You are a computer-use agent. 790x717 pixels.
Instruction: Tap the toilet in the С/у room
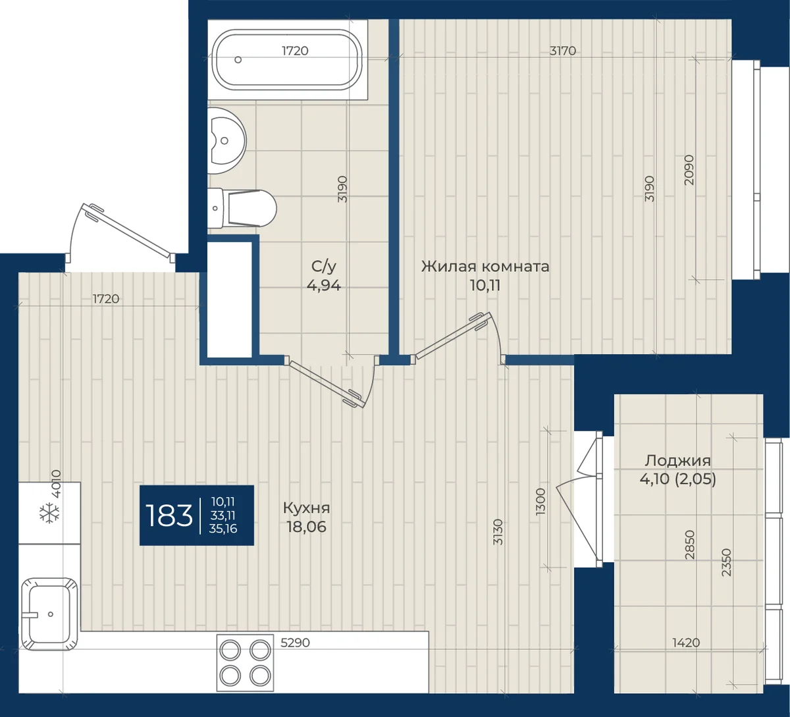(242, 209)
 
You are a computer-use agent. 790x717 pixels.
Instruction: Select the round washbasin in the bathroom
(227, 140)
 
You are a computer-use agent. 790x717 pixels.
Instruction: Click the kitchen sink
(49, 614)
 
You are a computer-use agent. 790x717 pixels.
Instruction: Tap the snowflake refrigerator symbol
(49, 513)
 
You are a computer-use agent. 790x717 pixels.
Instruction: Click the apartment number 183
(169, 516)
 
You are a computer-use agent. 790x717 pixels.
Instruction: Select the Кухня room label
(306, 508)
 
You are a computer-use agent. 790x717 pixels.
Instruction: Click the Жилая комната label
(485, 267)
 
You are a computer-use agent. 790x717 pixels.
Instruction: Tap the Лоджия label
(678, 460)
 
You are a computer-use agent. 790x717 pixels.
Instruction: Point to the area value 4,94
(324, 285)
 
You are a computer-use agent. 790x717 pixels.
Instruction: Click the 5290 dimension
(295, 643)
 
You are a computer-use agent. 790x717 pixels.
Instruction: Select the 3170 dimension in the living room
(563, 51)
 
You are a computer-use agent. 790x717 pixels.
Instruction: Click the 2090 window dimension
(689, 170)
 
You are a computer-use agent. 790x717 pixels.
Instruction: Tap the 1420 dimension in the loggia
(685, 643)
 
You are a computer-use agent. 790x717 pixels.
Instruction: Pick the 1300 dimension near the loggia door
(540, 501)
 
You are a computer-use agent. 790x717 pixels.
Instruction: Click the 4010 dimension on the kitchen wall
(57, 484)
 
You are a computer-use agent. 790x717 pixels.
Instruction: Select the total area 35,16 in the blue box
(223, 529)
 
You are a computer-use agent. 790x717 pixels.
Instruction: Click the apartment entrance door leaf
(128, 232)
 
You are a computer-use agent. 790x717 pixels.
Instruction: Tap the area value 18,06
(306, 527)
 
